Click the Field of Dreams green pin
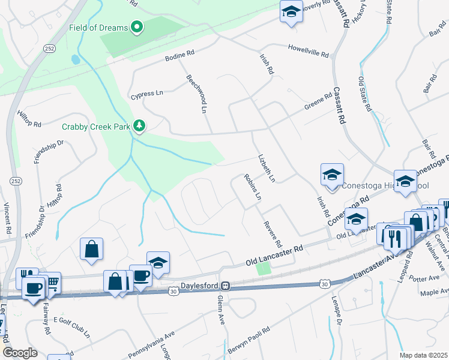[137, 26]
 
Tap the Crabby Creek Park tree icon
[139, 125]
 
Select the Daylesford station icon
[226, 286]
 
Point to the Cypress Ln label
[147, 94]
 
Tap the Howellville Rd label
[308, 51]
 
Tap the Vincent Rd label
[8, 218]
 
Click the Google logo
[20, 353]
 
